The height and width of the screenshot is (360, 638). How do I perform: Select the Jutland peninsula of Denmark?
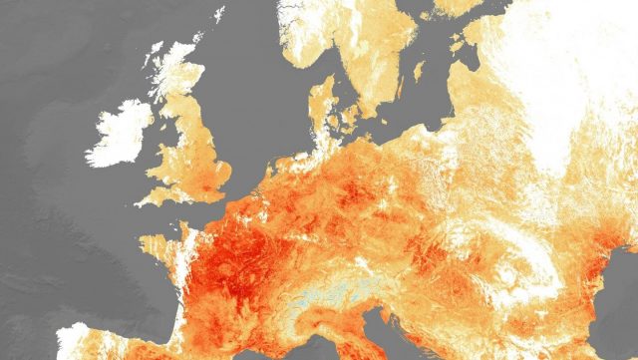coord(321,106)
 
